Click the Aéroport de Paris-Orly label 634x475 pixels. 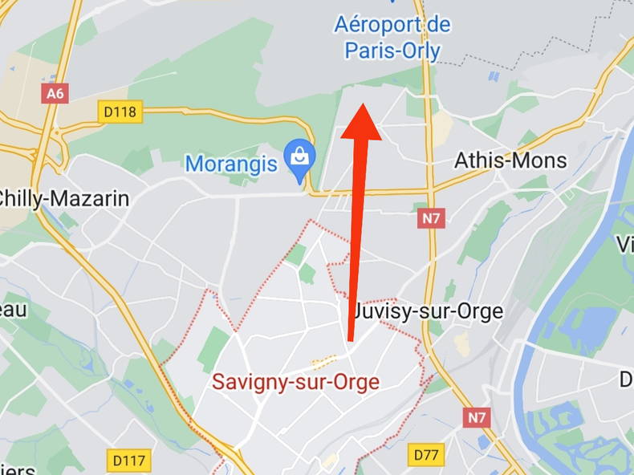[392, 38]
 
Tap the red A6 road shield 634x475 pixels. [55, 93]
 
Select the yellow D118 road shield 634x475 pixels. [120, 112]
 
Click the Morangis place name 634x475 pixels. [231, 164]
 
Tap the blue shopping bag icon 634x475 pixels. [300, 155]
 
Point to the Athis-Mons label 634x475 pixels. [510, 160]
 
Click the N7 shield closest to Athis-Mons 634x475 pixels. [431, 217]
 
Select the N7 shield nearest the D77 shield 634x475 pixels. [476, 417]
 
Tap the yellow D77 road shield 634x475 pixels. [425, 455]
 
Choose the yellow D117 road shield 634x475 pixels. [128, 461]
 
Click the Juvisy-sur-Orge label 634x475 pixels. [429, 311]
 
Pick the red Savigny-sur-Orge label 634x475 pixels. [295, 382]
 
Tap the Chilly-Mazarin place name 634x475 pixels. [64, 198]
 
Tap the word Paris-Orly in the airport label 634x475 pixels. [392, 51]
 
